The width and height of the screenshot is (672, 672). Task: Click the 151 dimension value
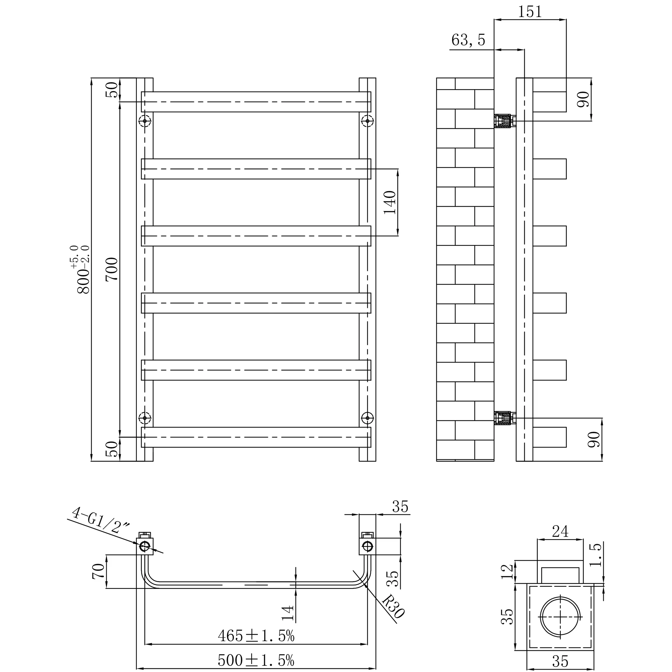click(530, 12)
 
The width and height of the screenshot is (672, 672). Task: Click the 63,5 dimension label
click(468, 40)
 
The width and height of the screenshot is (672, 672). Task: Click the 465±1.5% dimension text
click(256, 636)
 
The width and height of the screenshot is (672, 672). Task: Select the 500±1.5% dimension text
click(256, 660)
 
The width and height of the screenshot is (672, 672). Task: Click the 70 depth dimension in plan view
click(98, 571)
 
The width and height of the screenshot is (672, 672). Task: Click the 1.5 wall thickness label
click(596, 555)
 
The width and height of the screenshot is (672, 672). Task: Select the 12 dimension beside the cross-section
click(507, 572)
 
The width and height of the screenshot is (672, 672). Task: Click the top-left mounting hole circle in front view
click(145, 121)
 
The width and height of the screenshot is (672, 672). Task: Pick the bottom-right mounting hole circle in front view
click(367, 418)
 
